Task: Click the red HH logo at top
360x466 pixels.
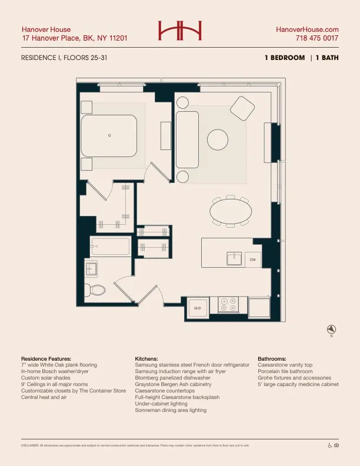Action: [179, 31]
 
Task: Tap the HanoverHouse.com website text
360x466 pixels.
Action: [308, 29]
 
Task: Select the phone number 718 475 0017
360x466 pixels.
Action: [317, 38]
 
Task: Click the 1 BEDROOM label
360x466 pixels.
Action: [285, 58]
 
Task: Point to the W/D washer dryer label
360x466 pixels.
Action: [198, 308]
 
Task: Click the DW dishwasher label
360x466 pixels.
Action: [252, 259]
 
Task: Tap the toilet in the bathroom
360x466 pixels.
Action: [95, 289]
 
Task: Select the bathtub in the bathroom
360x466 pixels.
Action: [110, 246]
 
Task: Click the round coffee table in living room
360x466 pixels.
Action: [217, 140]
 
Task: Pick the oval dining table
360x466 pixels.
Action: [230, 212]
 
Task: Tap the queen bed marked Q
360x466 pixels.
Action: [109, 136]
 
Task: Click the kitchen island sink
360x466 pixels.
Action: [234, 258]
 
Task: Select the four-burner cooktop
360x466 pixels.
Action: [228, 304]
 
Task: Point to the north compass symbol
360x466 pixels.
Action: [331, 329]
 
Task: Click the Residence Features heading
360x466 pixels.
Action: [46, 358]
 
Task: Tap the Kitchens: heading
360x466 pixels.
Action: [146, 358]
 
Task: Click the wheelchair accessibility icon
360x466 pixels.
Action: [329, 445]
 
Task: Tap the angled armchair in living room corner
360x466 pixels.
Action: [241, 107]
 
